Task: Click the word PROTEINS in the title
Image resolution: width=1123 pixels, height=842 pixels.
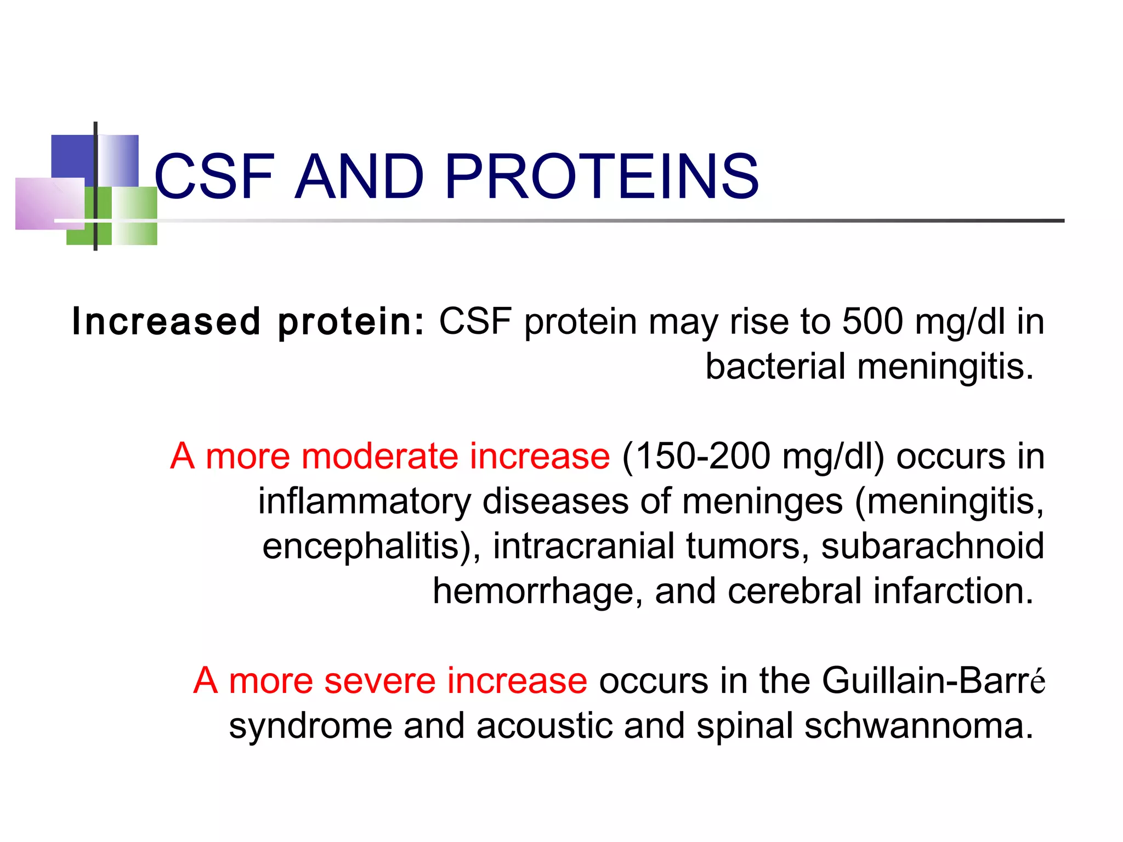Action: click(x=602, y=177)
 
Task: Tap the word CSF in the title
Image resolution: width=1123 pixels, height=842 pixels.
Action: click(x=214, y=177)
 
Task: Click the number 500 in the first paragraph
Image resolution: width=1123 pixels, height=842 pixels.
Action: click(x=872, y=322)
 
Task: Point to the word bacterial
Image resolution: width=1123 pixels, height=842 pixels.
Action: click(x=775, y=367)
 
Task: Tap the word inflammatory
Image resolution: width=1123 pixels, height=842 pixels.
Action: click(x=364, y=502)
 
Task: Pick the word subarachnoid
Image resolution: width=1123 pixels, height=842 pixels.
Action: click(x=932, y=547)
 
